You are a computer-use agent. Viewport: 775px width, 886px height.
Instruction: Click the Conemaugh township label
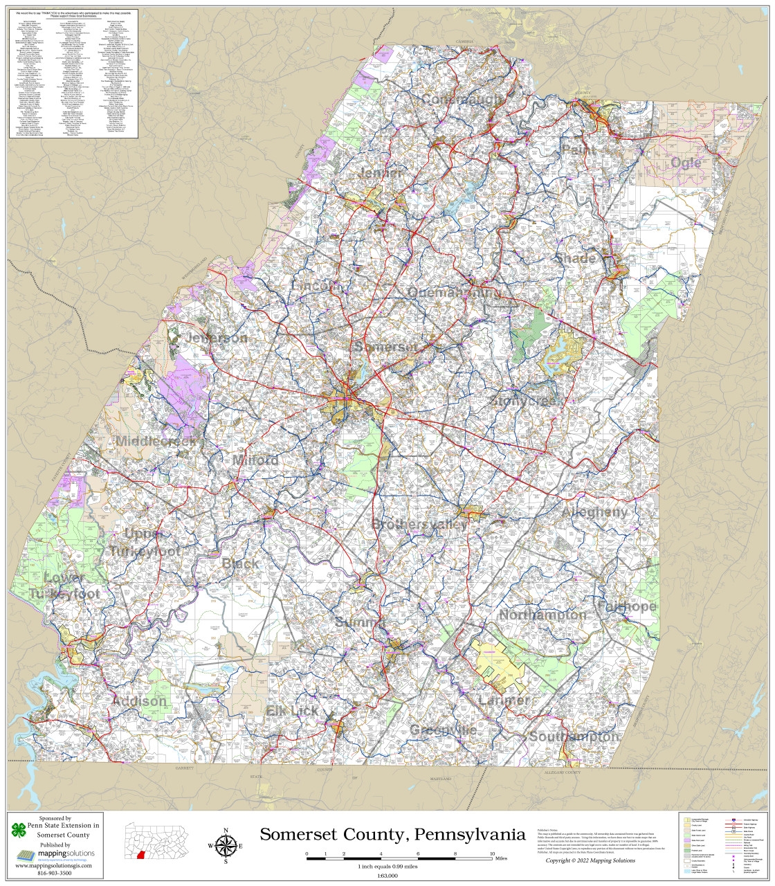[463, 100]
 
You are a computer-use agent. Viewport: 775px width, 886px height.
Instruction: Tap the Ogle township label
[686, 163]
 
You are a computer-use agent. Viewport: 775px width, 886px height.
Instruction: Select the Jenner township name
[381, 173]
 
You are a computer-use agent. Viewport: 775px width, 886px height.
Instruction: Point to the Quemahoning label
[453, 293]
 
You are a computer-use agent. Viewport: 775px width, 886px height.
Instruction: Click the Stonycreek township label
[527, 401]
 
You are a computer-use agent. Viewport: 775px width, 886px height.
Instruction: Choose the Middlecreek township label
[158, 441]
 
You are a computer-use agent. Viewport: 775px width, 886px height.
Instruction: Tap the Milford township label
[255, 460]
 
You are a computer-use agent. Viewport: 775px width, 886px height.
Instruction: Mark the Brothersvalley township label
[419, 524]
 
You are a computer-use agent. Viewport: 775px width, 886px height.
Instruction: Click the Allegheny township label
[595, 512]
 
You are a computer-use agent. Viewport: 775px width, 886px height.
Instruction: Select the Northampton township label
[542, 615]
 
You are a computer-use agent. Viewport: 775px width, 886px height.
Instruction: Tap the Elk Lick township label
[293, 711]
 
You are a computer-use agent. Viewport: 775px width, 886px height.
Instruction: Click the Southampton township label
[574, 736]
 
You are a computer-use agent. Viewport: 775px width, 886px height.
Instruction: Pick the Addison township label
[139, 701]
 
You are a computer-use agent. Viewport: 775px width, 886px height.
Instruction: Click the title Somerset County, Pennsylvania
[392, 834]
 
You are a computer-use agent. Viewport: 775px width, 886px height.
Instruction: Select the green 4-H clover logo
[19, 830]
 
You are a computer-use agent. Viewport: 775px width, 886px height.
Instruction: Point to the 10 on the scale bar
[492, 853]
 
